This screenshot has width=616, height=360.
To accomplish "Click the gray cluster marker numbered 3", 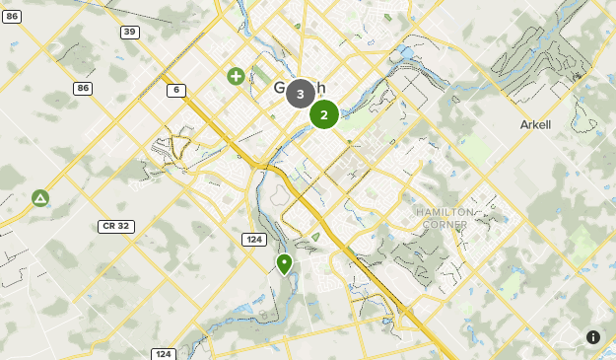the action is click(301, 94).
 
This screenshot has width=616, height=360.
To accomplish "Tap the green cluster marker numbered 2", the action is click(324, 114).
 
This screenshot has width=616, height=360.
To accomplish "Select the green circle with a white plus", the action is click(237, 76).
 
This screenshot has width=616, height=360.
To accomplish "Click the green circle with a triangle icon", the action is click(40, 198).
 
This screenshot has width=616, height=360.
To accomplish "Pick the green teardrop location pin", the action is click(285, 264).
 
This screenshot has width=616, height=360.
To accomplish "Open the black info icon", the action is click(593, 337).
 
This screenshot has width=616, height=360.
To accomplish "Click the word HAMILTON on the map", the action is click(445, 212).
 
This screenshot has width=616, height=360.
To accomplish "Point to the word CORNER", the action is click(445, 225).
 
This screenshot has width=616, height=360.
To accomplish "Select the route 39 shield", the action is click(130, 33).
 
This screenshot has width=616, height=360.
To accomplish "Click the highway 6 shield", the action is click(176, 90).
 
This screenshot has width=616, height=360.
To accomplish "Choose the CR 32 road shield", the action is click(116, 226).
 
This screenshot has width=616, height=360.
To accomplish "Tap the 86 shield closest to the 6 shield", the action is click(82, 88).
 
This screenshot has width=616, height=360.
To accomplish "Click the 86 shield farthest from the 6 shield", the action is click(11, 17).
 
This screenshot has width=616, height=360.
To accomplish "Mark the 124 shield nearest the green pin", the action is click(253, 239).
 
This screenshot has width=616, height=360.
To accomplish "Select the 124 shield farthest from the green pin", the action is click(164, 354).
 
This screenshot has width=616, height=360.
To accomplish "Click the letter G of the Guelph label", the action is click(280, 88).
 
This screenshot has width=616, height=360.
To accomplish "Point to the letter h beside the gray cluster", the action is click(320, 88).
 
